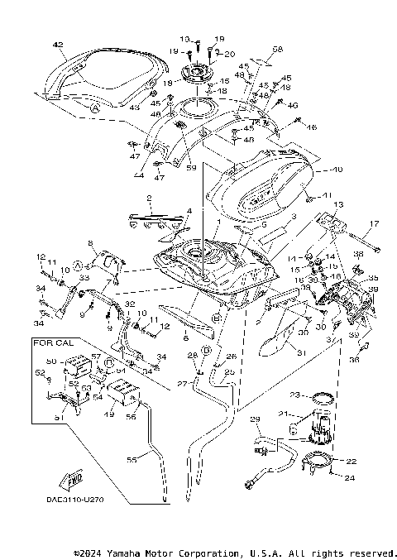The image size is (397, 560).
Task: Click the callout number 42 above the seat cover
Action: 57,44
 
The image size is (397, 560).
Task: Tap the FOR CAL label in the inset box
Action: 49,341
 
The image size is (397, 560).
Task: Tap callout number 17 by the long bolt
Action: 374,223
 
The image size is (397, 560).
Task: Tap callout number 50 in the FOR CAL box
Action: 50,362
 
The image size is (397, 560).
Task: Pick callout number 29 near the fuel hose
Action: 255,420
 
